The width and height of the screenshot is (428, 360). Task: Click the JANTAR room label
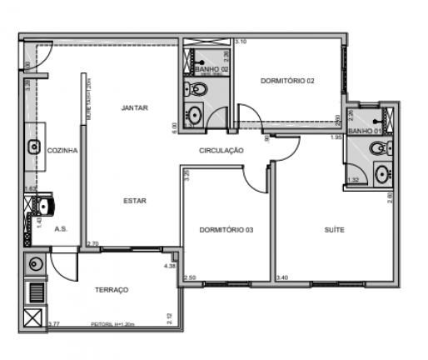(134, 107)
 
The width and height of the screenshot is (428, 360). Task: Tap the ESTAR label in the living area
(134, 200)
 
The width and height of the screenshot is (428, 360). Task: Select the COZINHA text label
(62, 151)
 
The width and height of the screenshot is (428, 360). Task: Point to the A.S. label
(61, 228)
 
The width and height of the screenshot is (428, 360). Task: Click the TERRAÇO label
(112, 289)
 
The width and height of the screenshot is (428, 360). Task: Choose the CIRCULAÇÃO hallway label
(221, 151)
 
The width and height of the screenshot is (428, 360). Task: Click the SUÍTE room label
(335, 229)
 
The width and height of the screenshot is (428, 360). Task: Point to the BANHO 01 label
(365, 132)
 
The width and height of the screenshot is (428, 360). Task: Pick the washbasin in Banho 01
(381, 175)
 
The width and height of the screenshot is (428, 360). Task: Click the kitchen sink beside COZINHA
(34, 147)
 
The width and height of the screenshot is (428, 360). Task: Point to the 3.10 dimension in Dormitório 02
(241, 41)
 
